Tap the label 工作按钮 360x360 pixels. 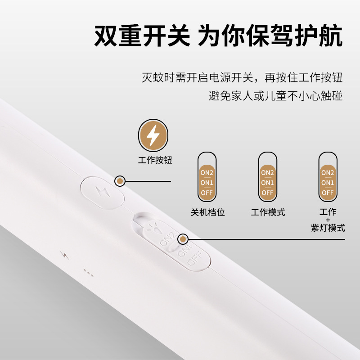pyautogui.click(x=154, y=160)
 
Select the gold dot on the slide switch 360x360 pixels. pyautogui.click(x=183, y=239)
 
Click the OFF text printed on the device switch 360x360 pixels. pyautogui.click(x=195, y=261)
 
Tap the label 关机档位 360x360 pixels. pyautogui.click(x=207, y=212)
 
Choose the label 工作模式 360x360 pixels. pyautogui.click(x=268, y=212)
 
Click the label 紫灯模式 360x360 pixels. pyautogui.click(x=328, y=228)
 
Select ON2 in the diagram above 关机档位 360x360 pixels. pyautogui.click(x=207, y=172)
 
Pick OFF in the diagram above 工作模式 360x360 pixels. pyautogui.click(x=268, y=193)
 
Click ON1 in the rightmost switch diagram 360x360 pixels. pyautogui.click(x=328, y=182)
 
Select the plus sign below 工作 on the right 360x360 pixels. pyautogui.click(x=328, y=220)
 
